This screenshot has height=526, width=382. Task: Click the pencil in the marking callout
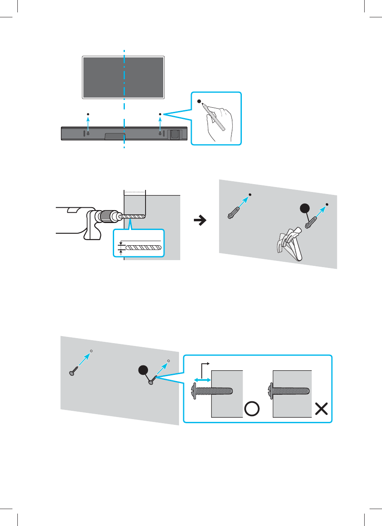[215, 116]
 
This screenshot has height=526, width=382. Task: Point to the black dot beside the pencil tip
[199, 101]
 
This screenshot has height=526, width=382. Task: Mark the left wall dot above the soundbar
[88, 114]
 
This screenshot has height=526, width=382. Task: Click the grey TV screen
[124, 77]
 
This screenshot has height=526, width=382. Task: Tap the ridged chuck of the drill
[108, 216]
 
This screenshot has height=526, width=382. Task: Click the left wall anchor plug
[232, 212]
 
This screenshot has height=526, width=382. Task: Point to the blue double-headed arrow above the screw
[202, 378]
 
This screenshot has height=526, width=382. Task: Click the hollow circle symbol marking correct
[252, 409]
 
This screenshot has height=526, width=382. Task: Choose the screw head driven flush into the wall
[270, 390]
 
